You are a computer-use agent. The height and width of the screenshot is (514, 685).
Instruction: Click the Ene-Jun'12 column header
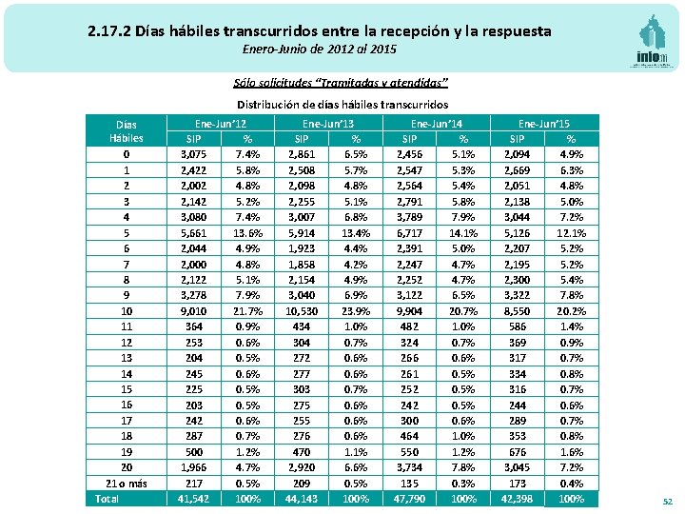pyautogui.click(x=221, y=123)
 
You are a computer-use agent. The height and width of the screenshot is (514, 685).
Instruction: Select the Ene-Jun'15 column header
pyautogui.click(x=544, y=123)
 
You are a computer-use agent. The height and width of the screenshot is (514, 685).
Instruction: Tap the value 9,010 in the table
pyautogui.click(x=193, y=311)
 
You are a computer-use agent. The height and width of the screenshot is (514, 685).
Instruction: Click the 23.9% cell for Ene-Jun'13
pyautogui.click(x=356, y=311)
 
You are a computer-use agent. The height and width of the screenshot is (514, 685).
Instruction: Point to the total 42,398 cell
pyautogui.click(x=518, y=499)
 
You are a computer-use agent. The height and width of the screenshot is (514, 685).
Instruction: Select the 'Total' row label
pyautogui.click(x=108, y=499)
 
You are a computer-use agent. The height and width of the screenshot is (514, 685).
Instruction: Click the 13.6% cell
pyautogui.click(x=247, y=232)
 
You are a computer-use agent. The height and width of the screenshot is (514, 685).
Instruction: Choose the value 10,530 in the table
pyautogui.click(x=302, y=311)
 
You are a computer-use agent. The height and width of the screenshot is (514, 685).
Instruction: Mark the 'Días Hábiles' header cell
pyautogui.click(x=127, y=131)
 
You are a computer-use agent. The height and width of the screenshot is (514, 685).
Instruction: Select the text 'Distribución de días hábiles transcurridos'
pyautogui.click(x=342, y=104)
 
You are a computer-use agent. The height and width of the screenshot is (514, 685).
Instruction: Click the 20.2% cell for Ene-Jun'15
pyautogui.click(x=571, y=311)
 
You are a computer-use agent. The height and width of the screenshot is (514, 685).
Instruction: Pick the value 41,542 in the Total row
pyautogui.click(x=193, y=499)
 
